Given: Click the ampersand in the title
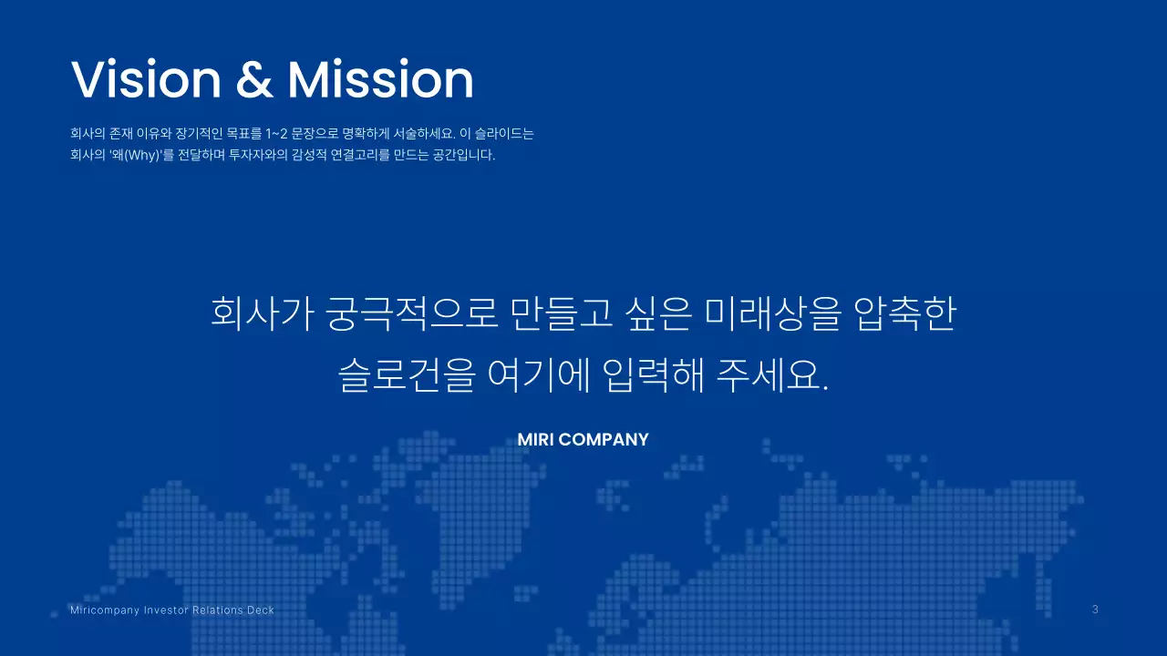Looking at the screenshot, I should (254, 80).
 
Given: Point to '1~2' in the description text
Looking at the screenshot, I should (277, 133).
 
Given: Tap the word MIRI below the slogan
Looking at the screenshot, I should (535, 439).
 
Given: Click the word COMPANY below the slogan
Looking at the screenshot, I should (604, 439).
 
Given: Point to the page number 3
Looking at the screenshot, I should (1095, 610).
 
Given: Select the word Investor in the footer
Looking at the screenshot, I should (166, 610).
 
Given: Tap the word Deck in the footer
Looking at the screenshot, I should (261, 610).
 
